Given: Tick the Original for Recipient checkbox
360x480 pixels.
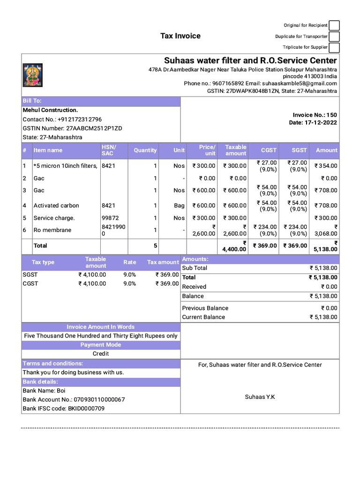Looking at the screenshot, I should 334,25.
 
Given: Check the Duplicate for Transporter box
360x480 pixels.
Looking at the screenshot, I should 334,37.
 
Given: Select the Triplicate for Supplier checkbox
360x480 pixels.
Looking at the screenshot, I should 334,47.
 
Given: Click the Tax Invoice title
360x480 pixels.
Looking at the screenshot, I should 180,36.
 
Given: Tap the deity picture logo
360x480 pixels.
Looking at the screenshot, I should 32,75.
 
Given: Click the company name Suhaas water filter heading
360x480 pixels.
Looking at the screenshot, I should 250,60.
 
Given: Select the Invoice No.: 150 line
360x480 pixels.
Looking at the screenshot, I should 315,115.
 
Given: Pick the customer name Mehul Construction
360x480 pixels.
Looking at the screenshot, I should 50,110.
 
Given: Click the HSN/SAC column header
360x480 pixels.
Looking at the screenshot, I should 108,150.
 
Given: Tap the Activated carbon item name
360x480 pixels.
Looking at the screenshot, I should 56,206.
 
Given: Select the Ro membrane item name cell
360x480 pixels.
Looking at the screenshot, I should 52,230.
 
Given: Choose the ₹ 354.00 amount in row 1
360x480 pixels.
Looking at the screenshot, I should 326,166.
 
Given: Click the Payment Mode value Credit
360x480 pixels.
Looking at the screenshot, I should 101,354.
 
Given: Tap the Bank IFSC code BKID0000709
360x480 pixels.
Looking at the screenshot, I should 64,409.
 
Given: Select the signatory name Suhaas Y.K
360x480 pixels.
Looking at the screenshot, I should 260,397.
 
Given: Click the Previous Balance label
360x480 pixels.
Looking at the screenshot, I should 205,308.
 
